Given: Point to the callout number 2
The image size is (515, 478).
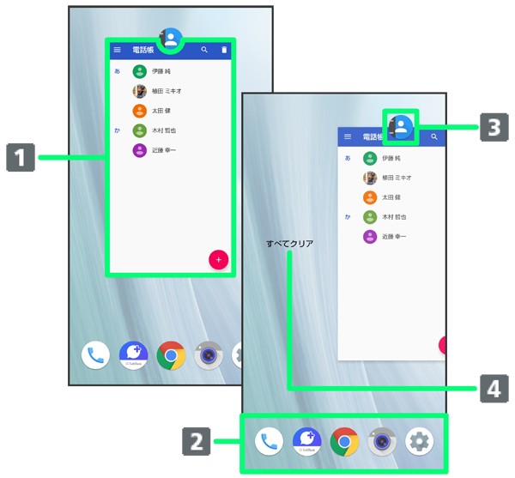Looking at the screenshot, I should tap(197, 441).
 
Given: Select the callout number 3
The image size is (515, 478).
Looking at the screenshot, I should tap(494, 128).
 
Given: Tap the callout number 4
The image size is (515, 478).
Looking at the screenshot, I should tap(494, 389).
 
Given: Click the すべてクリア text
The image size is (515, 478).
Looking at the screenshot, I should tap(289, 244).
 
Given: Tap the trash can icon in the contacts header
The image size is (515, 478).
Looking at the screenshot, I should tap(224, 51).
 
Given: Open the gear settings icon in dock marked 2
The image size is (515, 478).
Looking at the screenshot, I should tap(420, 441).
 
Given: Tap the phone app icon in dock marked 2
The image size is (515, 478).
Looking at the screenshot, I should tap(270, 441).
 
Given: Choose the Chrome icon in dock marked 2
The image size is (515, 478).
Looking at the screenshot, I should tap(344, 441).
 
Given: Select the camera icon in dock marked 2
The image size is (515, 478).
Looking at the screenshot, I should tap(382, 441).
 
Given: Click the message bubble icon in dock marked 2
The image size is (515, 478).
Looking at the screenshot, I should tap(306, 441).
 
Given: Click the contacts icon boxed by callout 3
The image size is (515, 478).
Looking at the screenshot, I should tap(401, 127).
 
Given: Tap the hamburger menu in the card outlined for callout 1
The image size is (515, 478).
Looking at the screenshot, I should tap(118, 51).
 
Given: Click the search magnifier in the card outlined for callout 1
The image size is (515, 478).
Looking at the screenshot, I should tap(204, 51).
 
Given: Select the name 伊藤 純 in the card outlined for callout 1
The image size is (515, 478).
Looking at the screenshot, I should tap(161, 71).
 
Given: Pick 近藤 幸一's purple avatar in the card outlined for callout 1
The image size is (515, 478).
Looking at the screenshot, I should tap(140, 150).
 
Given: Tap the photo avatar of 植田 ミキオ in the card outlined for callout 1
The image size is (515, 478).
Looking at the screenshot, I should tap(140, 91).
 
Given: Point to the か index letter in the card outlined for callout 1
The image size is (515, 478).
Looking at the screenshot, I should tap(118, 130).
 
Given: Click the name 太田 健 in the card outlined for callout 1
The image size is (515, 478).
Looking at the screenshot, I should tap(162, 111).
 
